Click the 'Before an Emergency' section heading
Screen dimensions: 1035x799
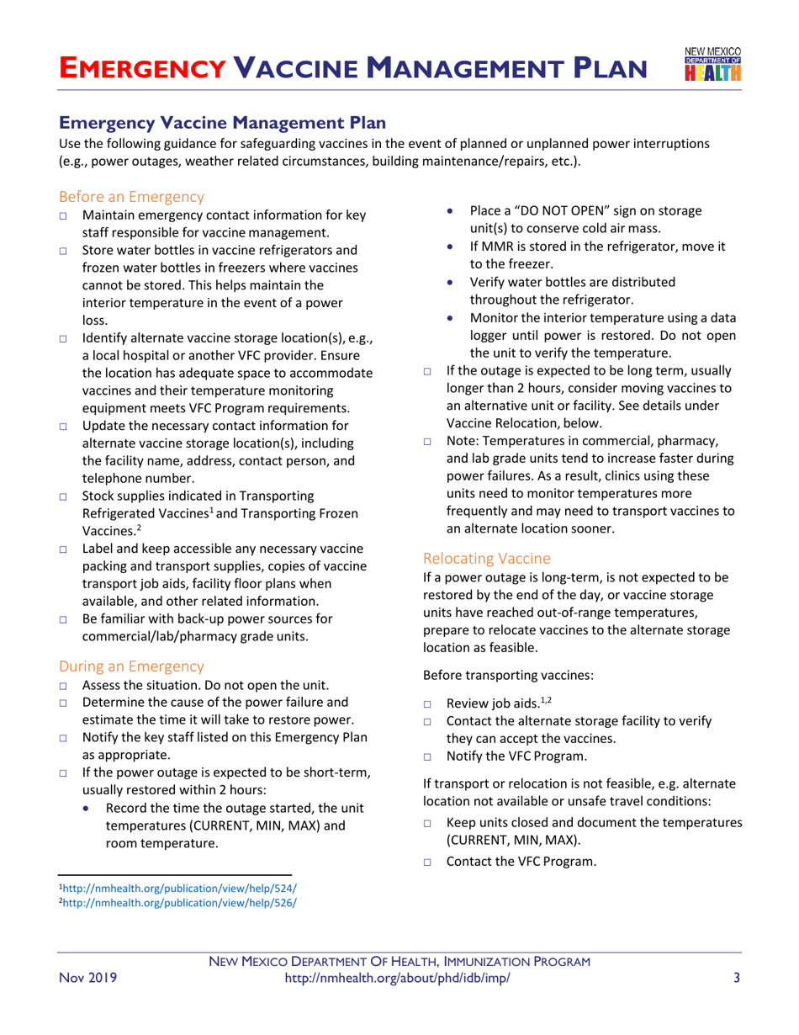tap(130, 197)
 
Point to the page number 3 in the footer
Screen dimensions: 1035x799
tap(736, 977)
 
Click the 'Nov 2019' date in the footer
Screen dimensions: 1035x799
tap(87, 977)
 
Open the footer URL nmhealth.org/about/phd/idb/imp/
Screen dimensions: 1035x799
tap(398, 977)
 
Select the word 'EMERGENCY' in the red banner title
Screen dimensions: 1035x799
tap(142, 66)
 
